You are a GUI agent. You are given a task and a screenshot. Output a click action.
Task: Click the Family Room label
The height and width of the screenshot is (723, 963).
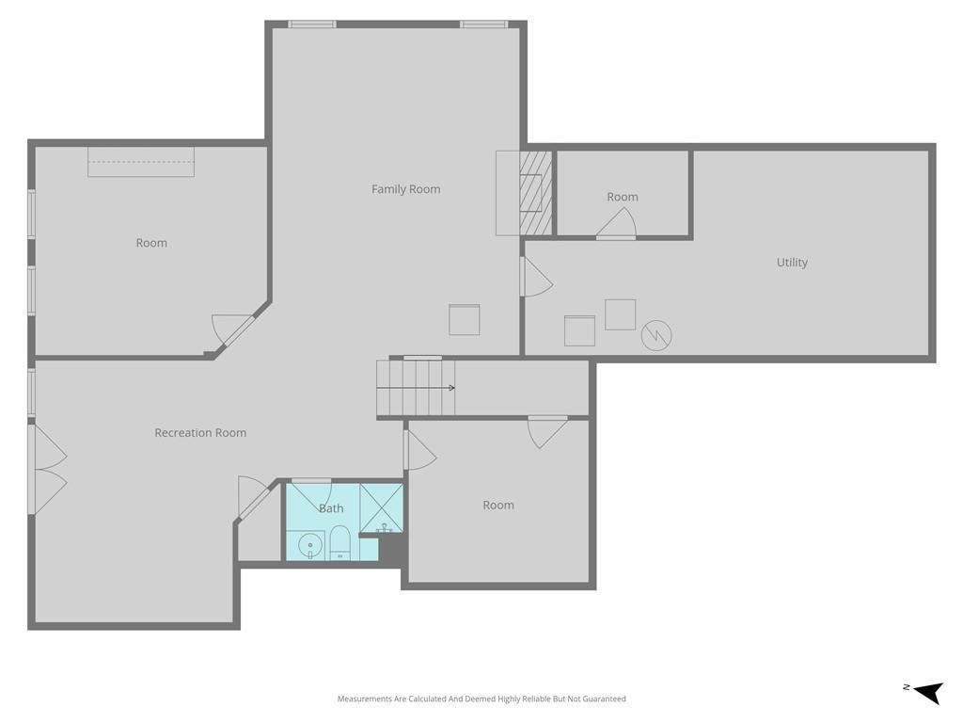405,189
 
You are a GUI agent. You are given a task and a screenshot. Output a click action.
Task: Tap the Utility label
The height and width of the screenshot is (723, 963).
792,263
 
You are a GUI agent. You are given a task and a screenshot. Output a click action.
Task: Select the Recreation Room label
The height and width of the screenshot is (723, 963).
200,433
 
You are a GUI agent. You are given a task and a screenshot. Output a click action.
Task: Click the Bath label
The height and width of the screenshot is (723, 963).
331,508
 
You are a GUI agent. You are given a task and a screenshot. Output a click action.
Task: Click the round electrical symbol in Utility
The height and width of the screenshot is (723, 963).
655,335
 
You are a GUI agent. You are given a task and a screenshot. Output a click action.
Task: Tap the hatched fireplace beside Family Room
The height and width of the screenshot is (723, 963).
535,193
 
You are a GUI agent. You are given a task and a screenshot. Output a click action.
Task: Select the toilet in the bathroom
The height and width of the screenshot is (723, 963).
339,542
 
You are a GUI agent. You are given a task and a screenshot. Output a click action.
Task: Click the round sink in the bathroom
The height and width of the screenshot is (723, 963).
310,545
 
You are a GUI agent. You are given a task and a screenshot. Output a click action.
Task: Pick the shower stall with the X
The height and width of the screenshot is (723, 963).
382,507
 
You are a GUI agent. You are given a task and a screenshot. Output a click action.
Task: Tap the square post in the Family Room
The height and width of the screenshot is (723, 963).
465,320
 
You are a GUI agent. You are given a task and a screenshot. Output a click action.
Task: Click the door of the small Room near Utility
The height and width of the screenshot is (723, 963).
616,222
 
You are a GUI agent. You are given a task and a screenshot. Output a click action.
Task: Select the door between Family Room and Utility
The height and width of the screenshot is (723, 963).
537,277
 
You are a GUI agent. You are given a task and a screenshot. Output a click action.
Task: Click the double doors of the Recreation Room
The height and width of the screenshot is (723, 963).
48,470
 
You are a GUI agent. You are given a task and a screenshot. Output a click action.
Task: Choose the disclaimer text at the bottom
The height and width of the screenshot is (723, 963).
481,699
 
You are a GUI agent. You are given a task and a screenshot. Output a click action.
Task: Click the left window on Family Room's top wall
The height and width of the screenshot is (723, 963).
312,24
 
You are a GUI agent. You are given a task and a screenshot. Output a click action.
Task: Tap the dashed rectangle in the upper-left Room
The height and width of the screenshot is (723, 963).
141,162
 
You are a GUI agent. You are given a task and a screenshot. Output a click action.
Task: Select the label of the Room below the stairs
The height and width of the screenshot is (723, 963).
498,506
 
